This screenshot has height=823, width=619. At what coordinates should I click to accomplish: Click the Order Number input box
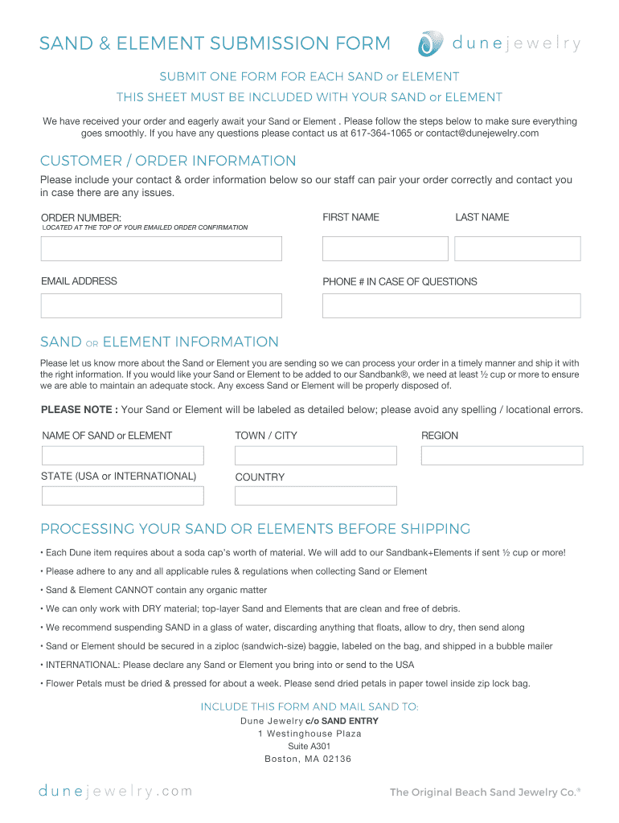coord(161,248)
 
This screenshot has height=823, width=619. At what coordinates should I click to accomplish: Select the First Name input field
coord(384,248)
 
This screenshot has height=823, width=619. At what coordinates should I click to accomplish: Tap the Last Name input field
coord(517,248)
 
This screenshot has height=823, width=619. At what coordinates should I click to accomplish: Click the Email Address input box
coord(161,305)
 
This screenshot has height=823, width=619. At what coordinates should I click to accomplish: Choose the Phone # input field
coord(451,305)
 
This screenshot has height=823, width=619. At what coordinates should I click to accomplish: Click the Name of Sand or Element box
coord(122,456)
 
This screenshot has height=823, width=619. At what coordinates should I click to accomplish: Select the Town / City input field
coord(316,456)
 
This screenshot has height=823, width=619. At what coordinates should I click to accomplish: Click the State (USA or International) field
coord(122,495)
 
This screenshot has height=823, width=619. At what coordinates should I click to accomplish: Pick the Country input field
coord(316,495)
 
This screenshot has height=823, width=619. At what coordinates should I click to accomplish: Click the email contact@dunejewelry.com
coord(482,133)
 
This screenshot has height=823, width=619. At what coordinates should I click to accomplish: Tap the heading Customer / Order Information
coord(168,161)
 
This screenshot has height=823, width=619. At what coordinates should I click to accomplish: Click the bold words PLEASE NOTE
coord(79,410)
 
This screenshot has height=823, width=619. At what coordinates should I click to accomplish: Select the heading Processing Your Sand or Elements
coord(255,529)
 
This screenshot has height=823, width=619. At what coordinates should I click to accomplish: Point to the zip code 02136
coord(336,760)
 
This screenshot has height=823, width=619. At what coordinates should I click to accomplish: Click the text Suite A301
coord(309,747)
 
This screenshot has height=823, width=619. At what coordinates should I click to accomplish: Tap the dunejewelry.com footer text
coord(116,791)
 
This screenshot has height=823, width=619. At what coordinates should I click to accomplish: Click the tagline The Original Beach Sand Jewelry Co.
coord(484,792)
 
